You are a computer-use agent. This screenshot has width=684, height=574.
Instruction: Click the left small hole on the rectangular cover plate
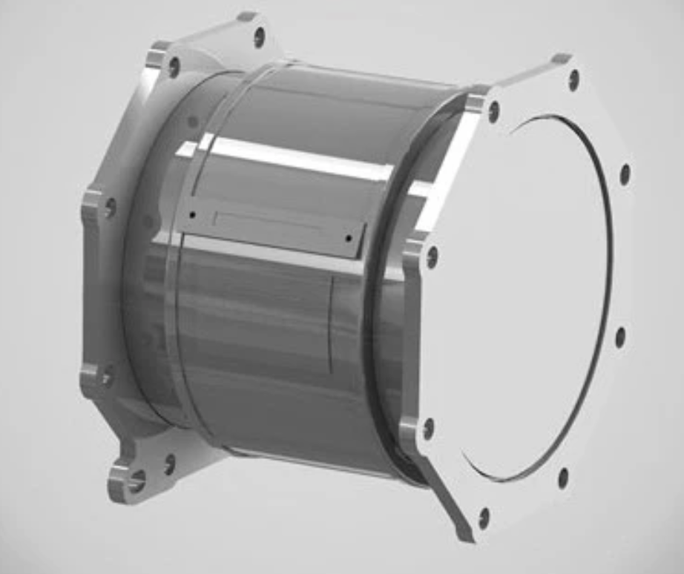192,214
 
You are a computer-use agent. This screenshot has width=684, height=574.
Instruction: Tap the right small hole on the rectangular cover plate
348,237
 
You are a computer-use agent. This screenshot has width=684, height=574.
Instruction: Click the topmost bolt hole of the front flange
573,79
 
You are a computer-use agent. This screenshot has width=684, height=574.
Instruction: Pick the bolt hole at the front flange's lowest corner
484,518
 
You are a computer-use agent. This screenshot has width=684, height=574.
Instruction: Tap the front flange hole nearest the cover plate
432,257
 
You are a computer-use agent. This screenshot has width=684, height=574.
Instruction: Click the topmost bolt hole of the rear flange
259,36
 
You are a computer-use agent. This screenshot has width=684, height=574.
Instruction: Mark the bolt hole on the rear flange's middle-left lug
110,208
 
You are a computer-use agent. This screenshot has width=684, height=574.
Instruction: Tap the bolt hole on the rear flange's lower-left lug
106,377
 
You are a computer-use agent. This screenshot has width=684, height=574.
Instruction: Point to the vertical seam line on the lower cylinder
329,323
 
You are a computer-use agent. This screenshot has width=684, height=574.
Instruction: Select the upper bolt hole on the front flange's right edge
625,174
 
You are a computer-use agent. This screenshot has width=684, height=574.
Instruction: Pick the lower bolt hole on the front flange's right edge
620,337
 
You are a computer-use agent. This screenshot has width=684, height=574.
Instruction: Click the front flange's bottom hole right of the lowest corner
563,478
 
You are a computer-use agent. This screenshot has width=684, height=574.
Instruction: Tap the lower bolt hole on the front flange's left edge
428,429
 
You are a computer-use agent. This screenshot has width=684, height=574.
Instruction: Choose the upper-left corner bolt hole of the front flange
493,111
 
